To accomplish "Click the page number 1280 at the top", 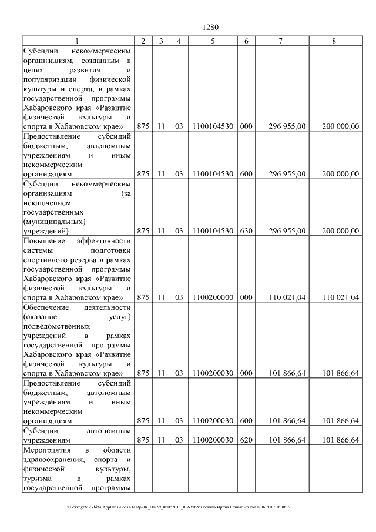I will click(x=210, y=27).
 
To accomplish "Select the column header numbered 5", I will click(x=213, y=41).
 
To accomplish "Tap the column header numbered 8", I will click(x=334, y=41).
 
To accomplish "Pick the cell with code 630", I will click(x=246, y=231).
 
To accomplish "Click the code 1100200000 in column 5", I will click(x=213, y=297).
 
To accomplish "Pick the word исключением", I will click(x=46, y=202).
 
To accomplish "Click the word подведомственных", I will click(x=56, y=326).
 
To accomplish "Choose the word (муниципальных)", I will click(x=54, y=222).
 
